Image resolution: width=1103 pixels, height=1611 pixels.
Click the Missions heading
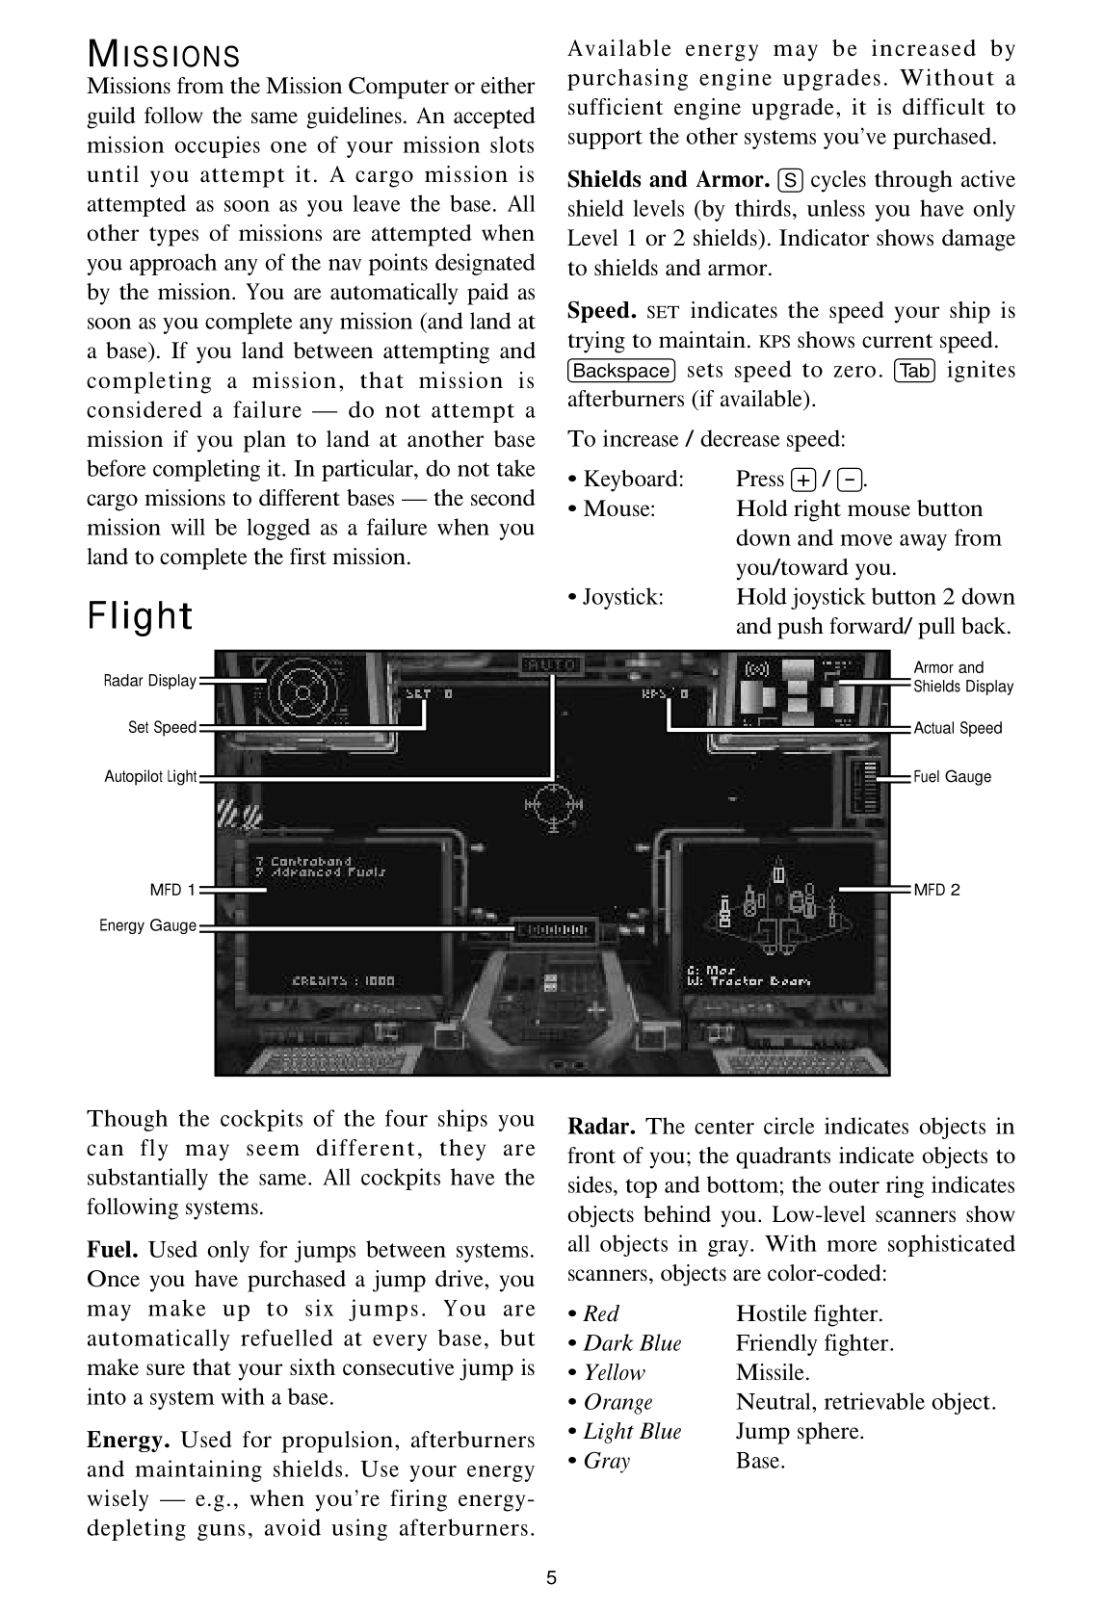point(163,54)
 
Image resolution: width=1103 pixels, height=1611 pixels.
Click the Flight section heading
point(140,615)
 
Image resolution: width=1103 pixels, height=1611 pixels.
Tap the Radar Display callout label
point(149,681)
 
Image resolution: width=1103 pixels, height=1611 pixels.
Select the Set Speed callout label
point(162,727)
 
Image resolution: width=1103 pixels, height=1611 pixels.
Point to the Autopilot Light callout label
point(150,776)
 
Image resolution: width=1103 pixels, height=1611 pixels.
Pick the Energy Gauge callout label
point(147,925)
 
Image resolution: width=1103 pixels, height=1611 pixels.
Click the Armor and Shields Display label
point(962,677)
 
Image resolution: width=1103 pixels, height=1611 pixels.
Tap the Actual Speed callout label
point(958,728)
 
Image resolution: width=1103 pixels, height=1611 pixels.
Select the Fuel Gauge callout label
point(952,776)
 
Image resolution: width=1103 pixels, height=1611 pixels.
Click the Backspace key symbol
point(621,371)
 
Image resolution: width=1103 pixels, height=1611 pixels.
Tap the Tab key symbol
point(914,371)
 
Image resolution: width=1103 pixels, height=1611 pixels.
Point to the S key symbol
point(790,180)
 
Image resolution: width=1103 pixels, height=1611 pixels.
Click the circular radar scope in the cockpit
point(302,691)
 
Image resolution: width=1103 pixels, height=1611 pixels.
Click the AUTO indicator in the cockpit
point(550,665)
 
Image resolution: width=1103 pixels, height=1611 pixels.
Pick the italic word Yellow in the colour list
point(615,1372)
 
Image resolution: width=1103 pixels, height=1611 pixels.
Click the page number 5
point(551,1577)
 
